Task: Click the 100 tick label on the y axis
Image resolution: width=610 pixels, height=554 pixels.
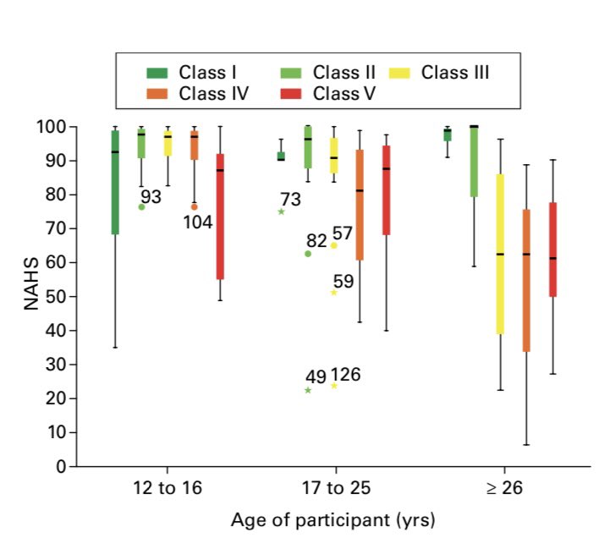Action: pyautogui.click(x=51, y=127)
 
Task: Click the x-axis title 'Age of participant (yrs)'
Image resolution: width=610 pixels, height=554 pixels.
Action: pyautogui.click(x=332, y=519)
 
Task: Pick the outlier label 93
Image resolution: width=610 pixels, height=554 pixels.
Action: pyautogui.click(x=151, y=198)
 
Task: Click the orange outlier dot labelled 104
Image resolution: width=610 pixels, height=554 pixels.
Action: pyautogui.click(x=195, y=206)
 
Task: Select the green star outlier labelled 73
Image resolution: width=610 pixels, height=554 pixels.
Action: pyautogui.click(x=281, y=211)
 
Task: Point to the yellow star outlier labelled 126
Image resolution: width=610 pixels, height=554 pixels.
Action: pyautogui.click(x=334, y=386)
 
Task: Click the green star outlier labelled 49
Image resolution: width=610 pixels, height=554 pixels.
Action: pyautogui.click(x=308, y=390)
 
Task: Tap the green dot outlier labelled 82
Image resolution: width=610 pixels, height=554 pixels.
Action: pyautogui.click(x=308, y=254)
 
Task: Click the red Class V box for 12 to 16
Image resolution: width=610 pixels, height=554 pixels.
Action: pyautogui.click(x=220, y=216)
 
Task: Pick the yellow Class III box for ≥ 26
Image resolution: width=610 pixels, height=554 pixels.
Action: pyautogui.click(x=500, y=254)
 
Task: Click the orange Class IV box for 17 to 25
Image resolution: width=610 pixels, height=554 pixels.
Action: pyautogui.click(x=360, y=205)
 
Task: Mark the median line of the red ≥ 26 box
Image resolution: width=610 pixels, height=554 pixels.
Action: pyautogui.click(x=553, y=258)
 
